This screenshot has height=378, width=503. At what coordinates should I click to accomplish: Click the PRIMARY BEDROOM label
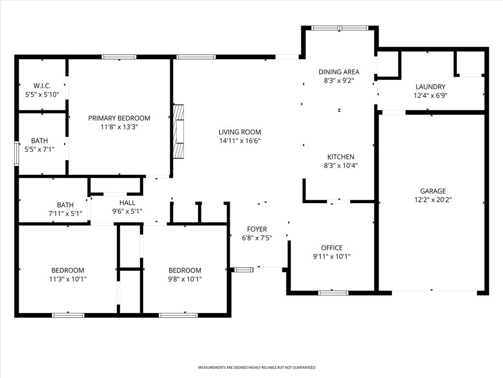click(x=119, y=118)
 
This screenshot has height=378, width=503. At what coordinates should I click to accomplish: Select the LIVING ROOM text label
click(x=240, y=132)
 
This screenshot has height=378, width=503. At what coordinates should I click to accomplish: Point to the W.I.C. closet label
click(x=42, y=86)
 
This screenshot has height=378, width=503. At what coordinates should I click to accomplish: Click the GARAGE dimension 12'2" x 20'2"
click(x=433, y=200)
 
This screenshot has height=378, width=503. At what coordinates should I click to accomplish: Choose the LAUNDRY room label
click(x=430, y=87)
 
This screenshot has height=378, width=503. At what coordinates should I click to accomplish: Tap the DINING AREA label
click(x=339, y=72)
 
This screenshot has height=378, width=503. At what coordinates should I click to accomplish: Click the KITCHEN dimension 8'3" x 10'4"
click(x=341, y=165)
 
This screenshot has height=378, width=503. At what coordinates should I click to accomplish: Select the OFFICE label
click(x=332, y=248)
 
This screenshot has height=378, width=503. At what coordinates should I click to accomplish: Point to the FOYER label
click(x=257, y=229)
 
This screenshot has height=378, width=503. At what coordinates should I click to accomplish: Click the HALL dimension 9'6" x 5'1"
click(x=127, y=212)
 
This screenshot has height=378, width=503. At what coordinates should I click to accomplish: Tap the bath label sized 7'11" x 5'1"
click(x=65, y=205)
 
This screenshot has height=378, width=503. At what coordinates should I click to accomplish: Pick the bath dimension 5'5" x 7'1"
click(x=39, y=150)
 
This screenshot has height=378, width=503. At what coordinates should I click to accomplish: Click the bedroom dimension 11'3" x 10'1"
click(x=68, y=279)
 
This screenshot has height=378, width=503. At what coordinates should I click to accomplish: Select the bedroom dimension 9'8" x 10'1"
click(x=185, y=279)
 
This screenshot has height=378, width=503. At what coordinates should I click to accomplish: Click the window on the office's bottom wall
click(x=334, y=293)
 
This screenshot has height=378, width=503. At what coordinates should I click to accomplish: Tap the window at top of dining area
click(x=340, y=28)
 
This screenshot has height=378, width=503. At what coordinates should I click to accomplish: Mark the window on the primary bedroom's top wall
click(x=119, y=57)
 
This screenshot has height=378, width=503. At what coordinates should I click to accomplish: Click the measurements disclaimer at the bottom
click(x=256, y=367)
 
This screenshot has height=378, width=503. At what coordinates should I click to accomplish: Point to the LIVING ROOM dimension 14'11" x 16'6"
click(x=240, y=140)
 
